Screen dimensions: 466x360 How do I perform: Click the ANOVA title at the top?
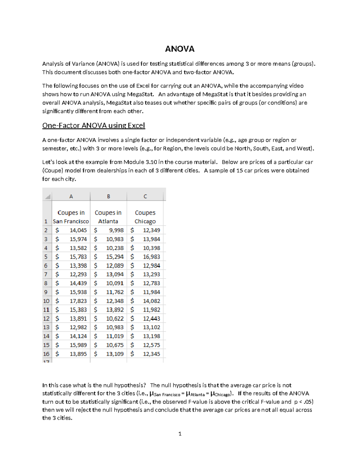click(x=180, y=49)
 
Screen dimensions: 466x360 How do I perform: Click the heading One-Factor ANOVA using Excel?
click(x=94, y=125)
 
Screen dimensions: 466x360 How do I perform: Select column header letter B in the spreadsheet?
click(x=109, y=196)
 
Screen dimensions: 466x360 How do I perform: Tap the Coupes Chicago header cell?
click(x=145, y=217)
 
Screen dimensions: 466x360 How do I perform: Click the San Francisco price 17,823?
click(x=78, y=301)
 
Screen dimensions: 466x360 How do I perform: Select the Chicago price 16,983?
click(x=151, y=257)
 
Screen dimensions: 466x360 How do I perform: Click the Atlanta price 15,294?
click(x=115, y=257)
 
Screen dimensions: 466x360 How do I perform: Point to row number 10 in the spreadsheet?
click(x=46, y=301)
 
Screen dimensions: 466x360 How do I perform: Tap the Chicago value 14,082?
click(x=151, y=301)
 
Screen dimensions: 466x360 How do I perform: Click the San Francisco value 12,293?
click(x=78, y=274)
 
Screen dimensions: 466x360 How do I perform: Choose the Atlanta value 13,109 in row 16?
click(x=115, y=354)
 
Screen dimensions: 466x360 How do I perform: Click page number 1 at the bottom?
click(x=180, y=434)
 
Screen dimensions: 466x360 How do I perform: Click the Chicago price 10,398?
click(x=151, y=248)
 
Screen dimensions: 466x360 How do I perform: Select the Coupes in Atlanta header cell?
click(x=108, y=217)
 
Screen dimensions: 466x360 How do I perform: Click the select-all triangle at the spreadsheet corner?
click(x=47, y=197)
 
